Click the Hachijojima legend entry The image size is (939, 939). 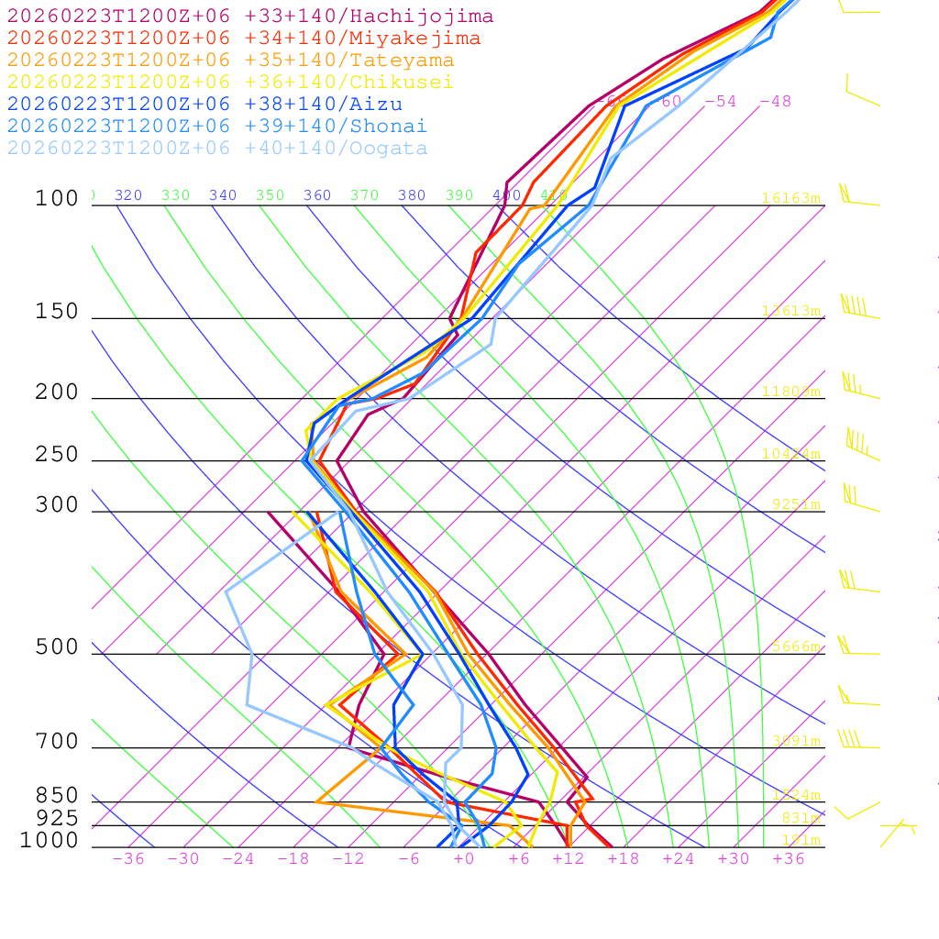pos(249,17)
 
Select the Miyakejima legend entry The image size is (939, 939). pos(243,39)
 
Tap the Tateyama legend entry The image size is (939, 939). pos(230,61)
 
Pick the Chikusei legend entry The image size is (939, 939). pos(230,83)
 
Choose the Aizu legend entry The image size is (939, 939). pos(204,105)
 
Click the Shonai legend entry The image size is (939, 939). pos(217,127)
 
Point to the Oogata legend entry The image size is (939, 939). pos(217,149)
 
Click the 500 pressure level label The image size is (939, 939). pos(58,647)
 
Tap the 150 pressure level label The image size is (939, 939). pos(58,312)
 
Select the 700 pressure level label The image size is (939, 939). pos(58,742)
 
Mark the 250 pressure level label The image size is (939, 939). pos(58,455)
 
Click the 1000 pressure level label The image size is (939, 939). pos(50,840)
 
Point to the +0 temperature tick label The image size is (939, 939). pos(464,858)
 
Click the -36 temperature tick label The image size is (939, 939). pos(128,858)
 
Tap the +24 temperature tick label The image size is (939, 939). pos(679,858)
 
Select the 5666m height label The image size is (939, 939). pos(796,646)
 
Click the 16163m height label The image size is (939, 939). pos(790,198)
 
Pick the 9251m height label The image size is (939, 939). pos(796,504)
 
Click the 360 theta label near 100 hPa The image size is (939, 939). pos(317,195)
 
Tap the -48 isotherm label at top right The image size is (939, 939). pos(775,102)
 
